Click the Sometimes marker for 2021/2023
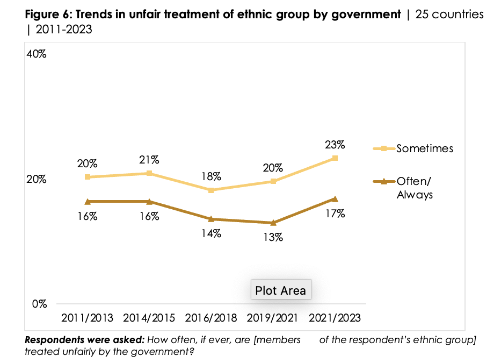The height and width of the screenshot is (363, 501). tap(335, 158)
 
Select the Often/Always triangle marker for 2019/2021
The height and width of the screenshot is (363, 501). tap(273, 223)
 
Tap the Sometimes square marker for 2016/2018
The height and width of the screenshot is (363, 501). tap(211, 190)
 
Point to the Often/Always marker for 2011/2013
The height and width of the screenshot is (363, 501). tap(87, 201)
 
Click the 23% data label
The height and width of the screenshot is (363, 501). tap(335, 145)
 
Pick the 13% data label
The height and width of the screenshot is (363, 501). tap(273, 237)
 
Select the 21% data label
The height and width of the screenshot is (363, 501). tap(149, 160)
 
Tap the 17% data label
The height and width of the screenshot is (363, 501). tap(335, 213)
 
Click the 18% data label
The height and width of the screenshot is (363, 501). tap(211, 177)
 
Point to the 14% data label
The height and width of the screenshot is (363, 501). tap(211, 233)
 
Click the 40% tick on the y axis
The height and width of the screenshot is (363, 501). tap(37, 55)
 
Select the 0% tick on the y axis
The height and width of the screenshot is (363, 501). tap(39, 303)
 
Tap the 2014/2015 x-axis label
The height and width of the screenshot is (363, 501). tap(149, 317)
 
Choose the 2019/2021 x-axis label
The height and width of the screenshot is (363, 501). tap(273, 317)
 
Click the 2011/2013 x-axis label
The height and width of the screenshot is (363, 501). tap(87, 317)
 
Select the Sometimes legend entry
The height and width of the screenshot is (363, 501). tap(424, 148)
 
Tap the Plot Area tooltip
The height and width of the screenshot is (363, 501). tap(280, 290)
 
